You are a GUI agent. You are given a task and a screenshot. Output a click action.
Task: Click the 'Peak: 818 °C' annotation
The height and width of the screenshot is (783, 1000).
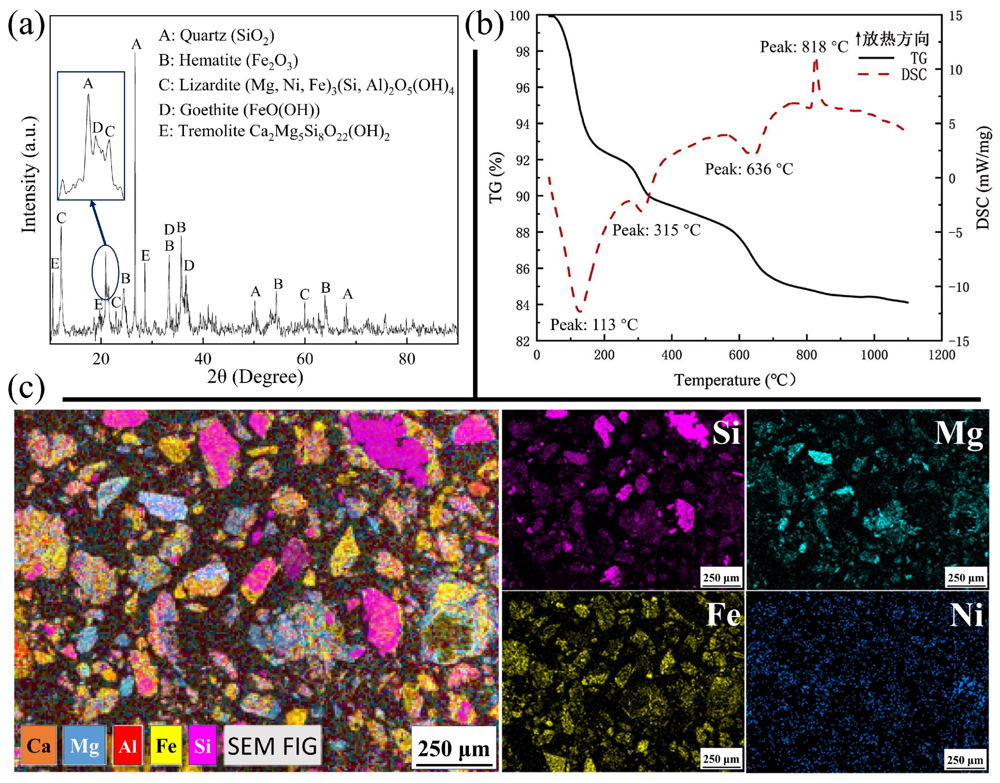pyautogui.click(x=804, y=47)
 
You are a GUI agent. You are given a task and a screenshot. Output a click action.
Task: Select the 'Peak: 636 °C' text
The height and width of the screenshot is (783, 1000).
pyautogui.click(x=749, y=169)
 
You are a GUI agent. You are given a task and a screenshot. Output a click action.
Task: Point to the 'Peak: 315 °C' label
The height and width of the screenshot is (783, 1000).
pyautogui.click(x=656, y=230)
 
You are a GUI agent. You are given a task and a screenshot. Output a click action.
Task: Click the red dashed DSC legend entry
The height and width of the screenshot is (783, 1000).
pyautogui.click(x=892, y=74)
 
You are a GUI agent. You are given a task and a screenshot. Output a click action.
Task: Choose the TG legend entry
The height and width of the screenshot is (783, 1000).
pyautogui.click(x=893, y=58)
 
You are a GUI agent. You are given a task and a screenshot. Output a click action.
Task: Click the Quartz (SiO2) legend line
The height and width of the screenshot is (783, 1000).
pyautogui.click(x=216, y=36)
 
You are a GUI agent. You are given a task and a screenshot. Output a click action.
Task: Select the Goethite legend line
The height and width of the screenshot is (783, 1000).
pyautogui.click(x=239, y=110)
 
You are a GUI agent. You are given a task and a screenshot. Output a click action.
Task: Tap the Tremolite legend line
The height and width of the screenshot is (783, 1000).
pyautogui.click(x=274, y=131)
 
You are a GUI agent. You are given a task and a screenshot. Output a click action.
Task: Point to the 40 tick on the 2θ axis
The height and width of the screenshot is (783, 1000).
pyautogui.click(x=203, y=359)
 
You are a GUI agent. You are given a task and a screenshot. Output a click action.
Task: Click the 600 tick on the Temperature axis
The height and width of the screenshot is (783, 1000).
pyautogui.click(x=739, y=355)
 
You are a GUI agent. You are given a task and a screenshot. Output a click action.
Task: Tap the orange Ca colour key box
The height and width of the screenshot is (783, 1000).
pyautogui.click(x=39, y=746)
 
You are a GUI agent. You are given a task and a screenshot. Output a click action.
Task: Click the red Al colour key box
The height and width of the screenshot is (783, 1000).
pyautogui.click(x=127, y=746)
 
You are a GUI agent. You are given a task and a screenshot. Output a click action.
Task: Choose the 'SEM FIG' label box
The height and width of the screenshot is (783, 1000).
pyautogui.click(x=272, y=746)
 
